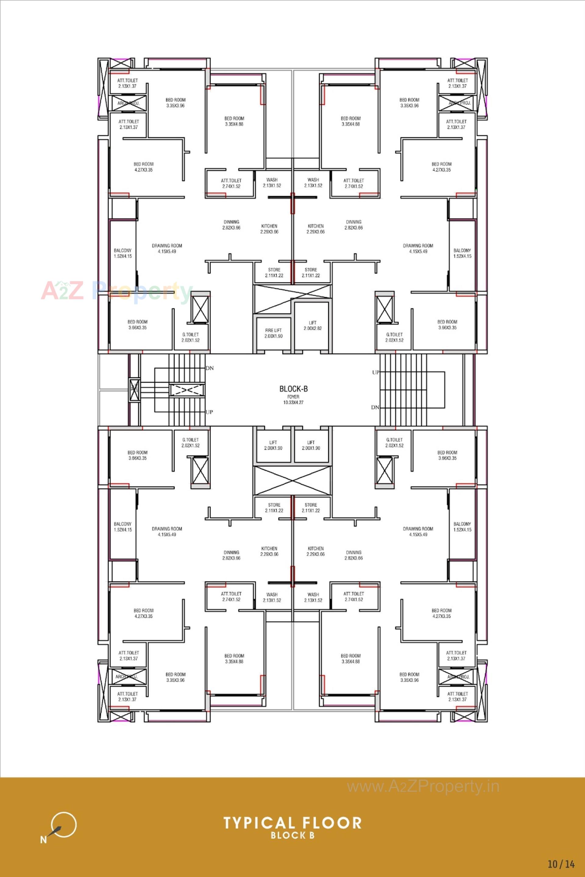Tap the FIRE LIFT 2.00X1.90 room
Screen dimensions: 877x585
tap(274, 333)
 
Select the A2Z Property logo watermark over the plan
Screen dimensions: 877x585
tap(116, 291)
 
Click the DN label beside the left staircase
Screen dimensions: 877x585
tap(210, 368)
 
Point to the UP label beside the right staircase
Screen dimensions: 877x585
tap(376, 372)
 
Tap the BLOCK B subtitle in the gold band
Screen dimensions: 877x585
tap(292, 836)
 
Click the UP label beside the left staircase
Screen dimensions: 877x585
tap(209, 412)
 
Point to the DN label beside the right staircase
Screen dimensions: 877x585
tap(375, 407)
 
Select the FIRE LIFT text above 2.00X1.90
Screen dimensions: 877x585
tap(274, 330)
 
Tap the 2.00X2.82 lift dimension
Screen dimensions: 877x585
tap(313, 328)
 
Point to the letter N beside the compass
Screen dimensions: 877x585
tap(44, 839)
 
